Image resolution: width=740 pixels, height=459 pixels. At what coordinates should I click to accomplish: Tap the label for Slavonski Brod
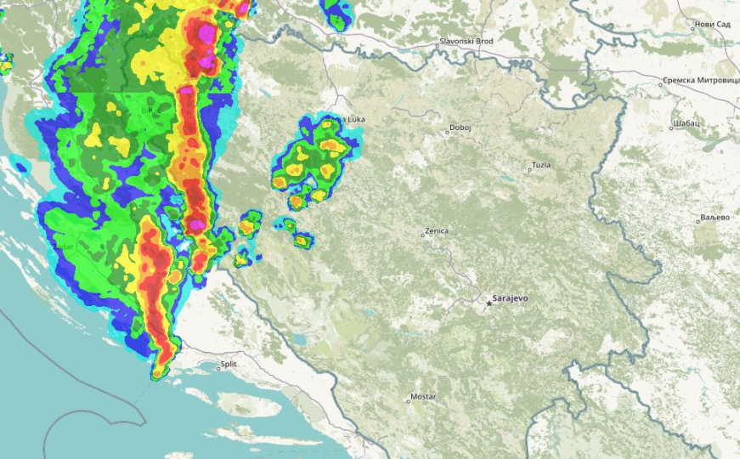466,42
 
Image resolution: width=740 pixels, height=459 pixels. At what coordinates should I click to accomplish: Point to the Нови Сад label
712,24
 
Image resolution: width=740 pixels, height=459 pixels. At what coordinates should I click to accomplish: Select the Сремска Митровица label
701,82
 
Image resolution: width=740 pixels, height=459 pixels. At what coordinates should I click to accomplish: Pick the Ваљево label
715,218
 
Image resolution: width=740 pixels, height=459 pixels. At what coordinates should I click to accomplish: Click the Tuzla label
541,165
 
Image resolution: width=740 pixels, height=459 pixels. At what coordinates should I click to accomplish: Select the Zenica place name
437,231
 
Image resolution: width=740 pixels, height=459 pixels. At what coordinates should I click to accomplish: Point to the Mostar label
423,397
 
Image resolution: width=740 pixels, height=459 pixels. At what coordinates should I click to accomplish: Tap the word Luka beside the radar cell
355,120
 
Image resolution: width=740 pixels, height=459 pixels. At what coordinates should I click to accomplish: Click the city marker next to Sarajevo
488,302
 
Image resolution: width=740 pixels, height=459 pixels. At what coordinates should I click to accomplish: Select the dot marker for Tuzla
529,169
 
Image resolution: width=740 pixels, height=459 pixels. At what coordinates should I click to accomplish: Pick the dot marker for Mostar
409,401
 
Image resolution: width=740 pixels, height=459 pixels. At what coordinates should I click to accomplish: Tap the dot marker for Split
216,368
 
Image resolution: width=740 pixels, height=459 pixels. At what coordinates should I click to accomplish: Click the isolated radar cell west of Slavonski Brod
336,13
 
